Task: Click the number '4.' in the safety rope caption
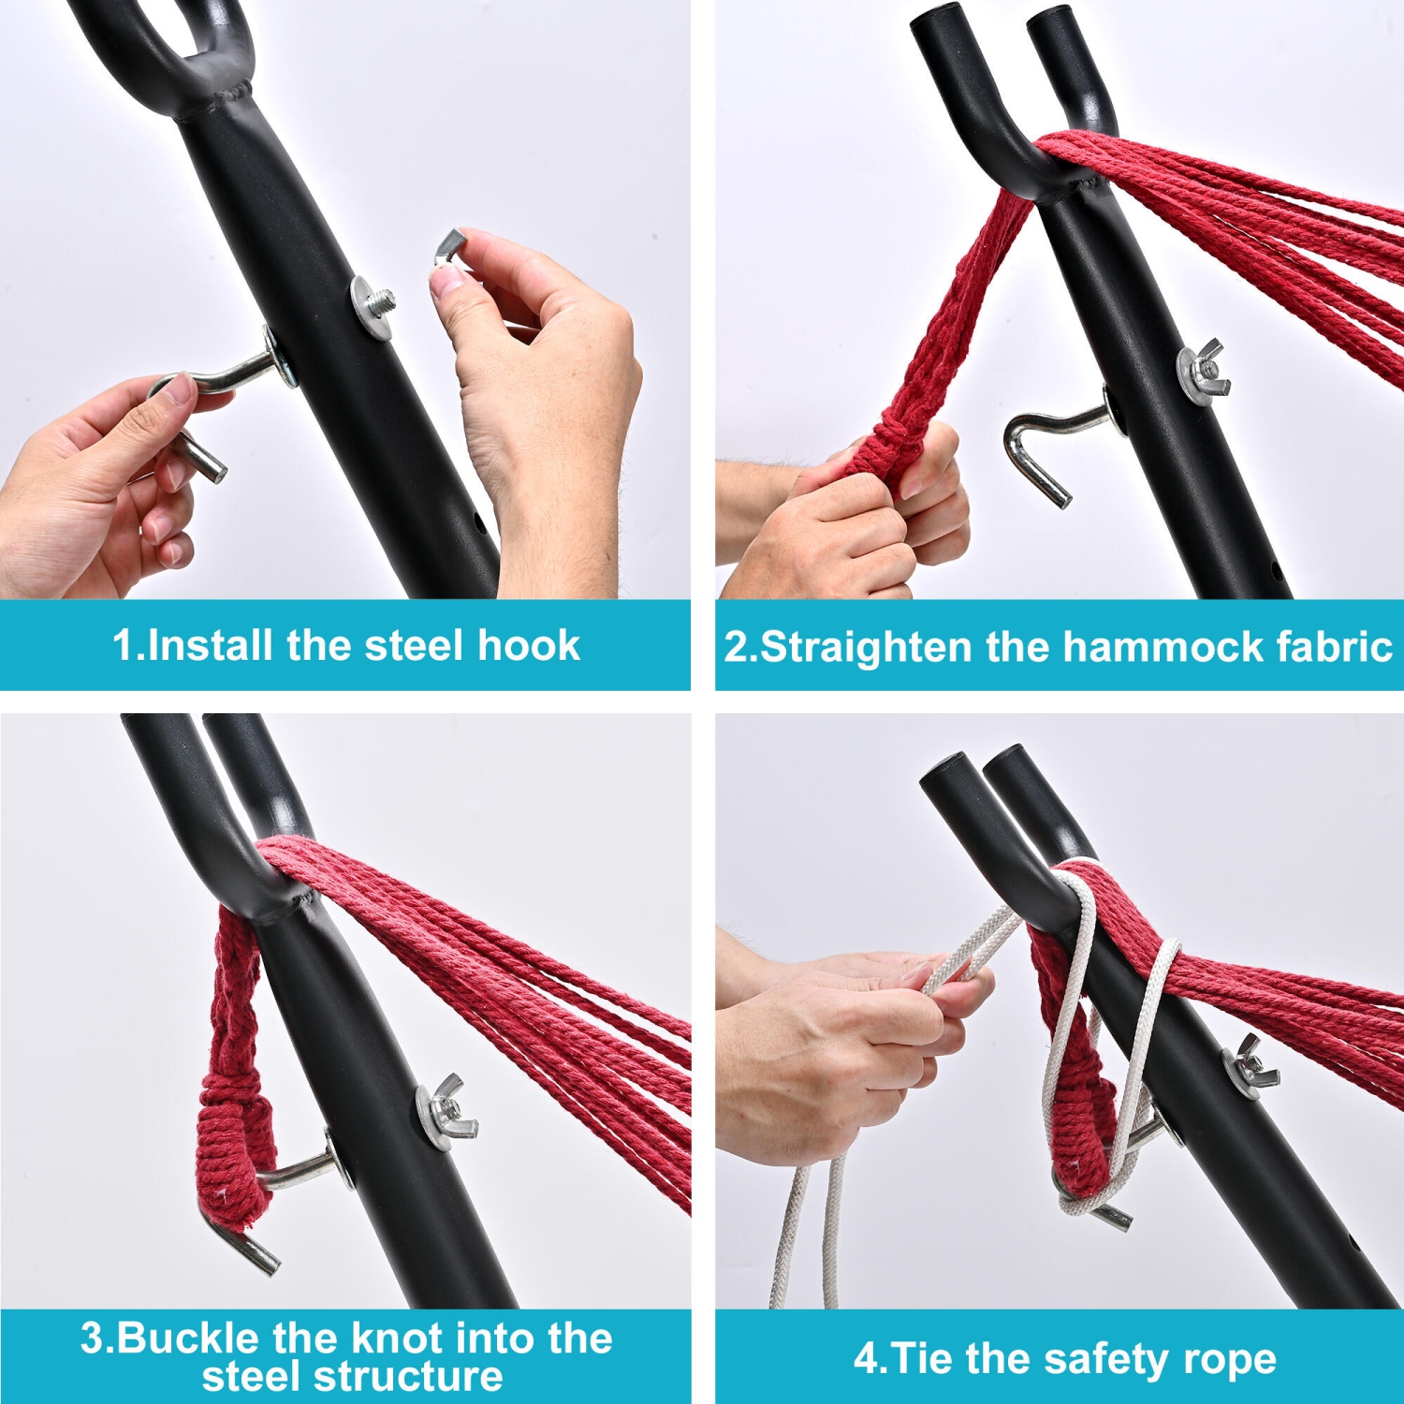[869, 1359]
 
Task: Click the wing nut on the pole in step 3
[447, 1112]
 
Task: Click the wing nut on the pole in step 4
[1250, 1067]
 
